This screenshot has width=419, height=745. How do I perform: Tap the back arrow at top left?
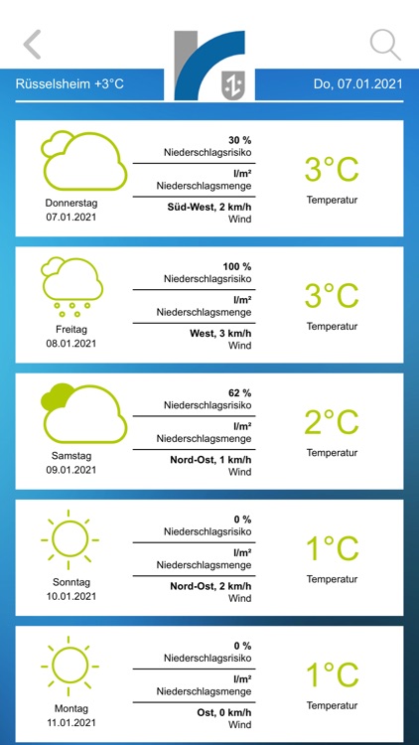point(33,45)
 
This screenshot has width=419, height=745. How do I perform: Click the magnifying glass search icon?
point(384,45)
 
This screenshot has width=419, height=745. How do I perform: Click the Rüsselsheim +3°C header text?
point(70,84)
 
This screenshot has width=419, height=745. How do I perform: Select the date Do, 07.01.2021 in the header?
point(358,84)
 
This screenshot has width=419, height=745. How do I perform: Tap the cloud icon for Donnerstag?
point(83,160)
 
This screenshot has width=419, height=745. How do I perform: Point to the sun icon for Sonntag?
point(71,539)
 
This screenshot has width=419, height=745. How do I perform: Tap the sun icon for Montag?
point(71,666)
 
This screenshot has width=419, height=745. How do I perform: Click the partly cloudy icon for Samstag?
point(83,413)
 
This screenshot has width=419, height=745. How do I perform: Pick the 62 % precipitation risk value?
point(239,393)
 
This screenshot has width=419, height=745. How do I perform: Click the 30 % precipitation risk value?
point(239,140)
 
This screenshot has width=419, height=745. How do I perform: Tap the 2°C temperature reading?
point(331,422)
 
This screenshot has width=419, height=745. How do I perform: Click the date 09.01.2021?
point(71,470)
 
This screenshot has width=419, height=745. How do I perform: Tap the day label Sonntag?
point(71,582)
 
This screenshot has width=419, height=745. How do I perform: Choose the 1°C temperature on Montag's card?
point(331,675)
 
